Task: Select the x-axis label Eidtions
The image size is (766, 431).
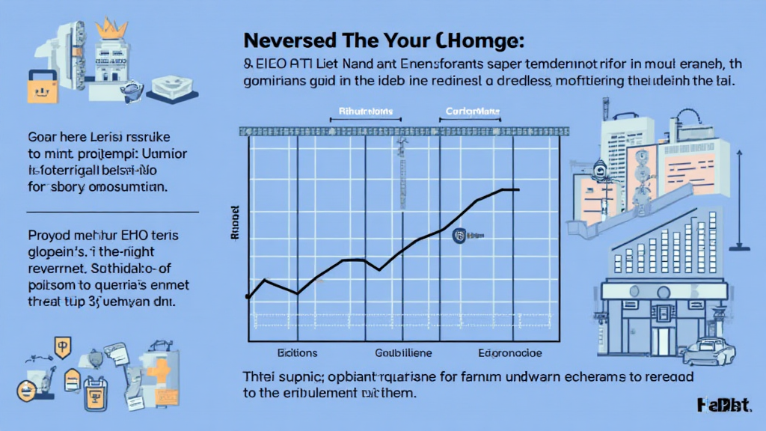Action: tap(297, 352)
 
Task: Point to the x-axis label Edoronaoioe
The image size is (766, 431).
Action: tap(511, 352)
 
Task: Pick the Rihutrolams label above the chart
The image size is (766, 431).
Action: tap(361, 112)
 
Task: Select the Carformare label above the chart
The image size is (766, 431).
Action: tap(468, 112)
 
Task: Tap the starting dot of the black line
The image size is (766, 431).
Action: tap(248, 298)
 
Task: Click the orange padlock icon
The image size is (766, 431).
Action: tap(38, 88)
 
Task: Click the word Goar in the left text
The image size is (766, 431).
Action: tap(43, 139)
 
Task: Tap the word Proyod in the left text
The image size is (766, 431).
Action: tap(49, 237)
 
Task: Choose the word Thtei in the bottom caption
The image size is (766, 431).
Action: tap(260, 376)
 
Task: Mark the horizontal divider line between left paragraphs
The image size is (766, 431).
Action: tap(108, 211)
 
